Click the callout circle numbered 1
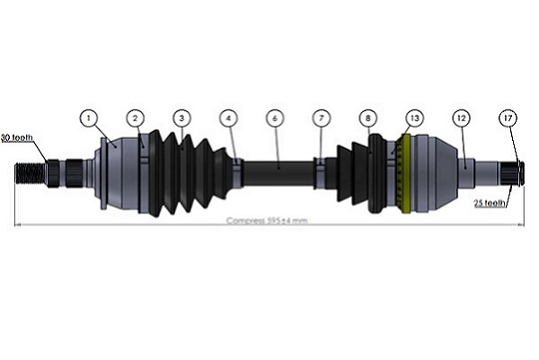88,118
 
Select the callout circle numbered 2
135,118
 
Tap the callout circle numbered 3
181,118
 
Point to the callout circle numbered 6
275,118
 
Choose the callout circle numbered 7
322,118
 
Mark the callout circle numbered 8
367,118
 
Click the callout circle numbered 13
414,118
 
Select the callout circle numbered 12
461,118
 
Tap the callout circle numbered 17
508,118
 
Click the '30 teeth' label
16,138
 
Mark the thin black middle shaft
278,167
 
